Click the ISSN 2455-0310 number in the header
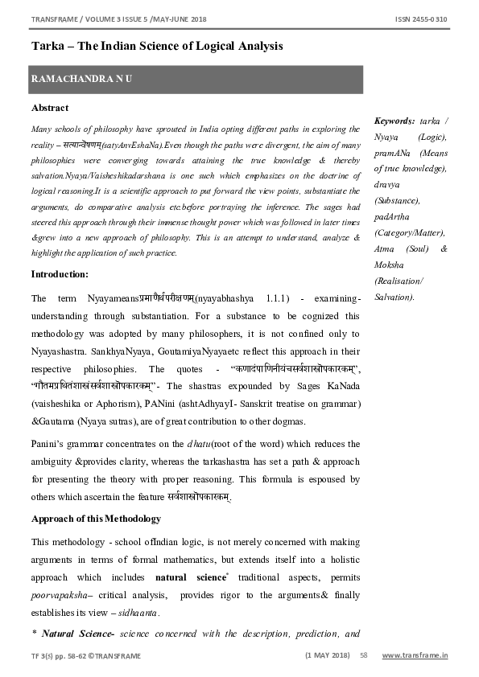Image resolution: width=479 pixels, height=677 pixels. point(422,18)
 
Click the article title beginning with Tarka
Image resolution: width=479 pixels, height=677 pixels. point(157,46)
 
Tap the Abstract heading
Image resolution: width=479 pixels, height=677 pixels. point(50,108)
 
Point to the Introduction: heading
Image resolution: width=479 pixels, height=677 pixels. point(60,274)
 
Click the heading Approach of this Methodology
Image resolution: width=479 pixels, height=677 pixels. point(96,519)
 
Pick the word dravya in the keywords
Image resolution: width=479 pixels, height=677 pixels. point(387,184)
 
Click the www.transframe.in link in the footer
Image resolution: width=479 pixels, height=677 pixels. point(415,655)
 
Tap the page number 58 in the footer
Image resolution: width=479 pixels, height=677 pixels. point(364,655)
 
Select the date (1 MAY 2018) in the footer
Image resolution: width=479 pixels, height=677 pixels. point(327,655)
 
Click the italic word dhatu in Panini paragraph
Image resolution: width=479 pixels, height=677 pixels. point(200,444)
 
